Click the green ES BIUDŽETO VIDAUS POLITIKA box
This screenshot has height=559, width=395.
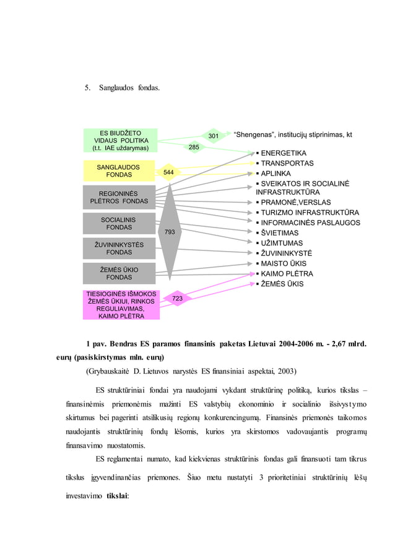(x=121, y=141)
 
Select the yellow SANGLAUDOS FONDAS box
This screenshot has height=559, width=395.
(x=118, y=171)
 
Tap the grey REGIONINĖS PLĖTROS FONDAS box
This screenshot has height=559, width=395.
(x=119, y=198)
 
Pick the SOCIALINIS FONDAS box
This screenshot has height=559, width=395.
(x=118, y=224)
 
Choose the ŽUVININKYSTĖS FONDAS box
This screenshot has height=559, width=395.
(x=118, y=249)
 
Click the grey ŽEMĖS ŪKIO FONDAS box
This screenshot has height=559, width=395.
(x=118, y=274)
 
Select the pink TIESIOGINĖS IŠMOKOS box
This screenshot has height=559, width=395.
(x=121, y=305)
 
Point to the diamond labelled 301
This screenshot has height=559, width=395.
(x=213, y=136)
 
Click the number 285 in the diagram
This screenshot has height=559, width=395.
(x=194, y=147)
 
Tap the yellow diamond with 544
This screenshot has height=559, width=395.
(x=168, y=172)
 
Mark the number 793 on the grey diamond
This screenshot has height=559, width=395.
(x=169, y=232)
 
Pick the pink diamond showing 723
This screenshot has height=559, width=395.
(x=177, y=299)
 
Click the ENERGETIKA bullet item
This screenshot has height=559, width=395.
(x=283, y=153)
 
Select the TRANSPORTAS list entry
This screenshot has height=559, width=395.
(x=287, y=164)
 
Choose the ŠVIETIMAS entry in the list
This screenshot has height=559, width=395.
(x=279, y=233)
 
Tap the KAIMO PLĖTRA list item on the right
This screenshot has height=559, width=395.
(x=287, y=274)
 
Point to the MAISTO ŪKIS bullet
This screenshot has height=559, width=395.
(x=283, y=263)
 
